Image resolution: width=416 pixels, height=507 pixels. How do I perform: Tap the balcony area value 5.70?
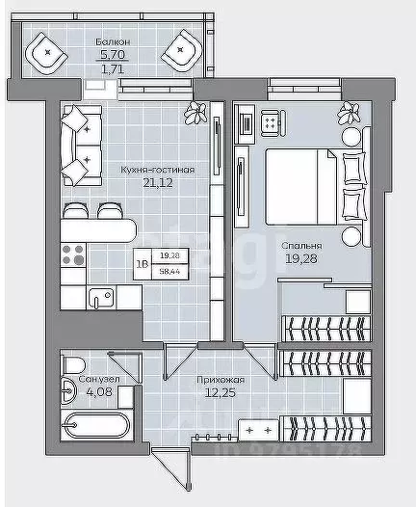coord(115,56)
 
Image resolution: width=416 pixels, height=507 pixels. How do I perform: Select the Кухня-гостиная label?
coord(158,170)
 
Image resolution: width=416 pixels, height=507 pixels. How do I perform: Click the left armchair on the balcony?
coord(46,53)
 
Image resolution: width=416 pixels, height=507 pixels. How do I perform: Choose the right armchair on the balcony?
coord(181,53)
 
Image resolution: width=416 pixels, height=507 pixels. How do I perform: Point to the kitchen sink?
coord(96,299)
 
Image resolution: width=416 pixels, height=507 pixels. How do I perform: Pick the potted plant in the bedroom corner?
coord(344,114)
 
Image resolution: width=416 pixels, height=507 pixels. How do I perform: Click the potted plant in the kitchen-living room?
coord(199,112)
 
